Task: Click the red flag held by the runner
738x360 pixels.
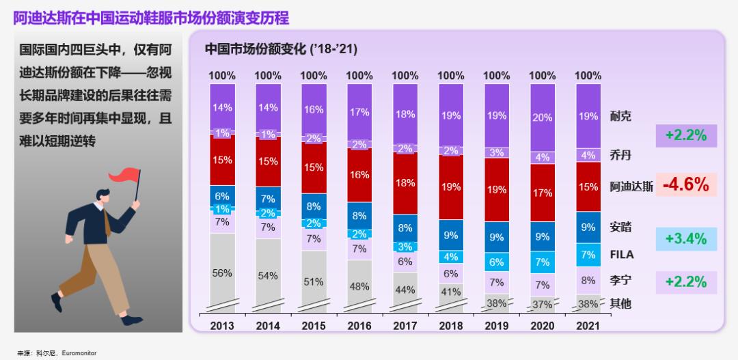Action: coord(126,176)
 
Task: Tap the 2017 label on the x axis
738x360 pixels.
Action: coord(405,326)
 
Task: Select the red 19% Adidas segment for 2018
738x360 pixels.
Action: coord(451,187)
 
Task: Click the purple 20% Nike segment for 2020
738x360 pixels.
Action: coord(543,117)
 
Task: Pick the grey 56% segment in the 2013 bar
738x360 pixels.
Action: coord(222,273)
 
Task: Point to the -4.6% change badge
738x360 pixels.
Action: coord(685,184)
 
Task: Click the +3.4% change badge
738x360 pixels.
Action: coord(685,239)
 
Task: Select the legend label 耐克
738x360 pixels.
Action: coord(620,116)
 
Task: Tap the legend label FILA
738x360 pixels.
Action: coord(622,255)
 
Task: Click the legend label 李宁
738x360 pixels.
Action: coord(620,280)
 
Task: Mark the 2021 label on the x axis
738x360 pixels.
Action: coord(588,326)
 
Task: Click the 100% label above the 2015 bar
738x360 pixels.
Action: coord(314,76)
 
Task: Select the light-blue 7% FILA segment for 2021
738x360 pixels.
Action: coord(588,255)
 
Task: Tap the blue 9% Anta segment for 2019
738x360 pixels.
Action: coord(497,237)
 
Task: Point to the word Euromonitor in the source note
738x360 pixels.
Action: coord(79,353)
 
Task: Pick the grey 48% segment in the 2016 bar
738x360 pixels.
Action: coord(359,287)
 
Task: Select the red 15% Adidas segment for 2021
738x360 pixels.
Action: coord(588,186)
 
